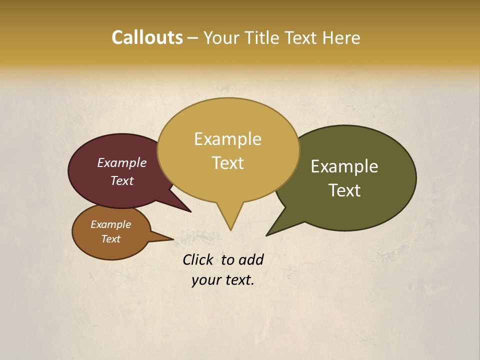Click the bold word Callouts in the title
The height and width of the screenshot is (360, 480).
147,38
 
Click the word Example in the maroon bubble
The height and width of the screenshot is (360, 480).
122,163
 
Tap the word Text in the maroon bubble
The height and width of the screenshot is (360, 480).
122,181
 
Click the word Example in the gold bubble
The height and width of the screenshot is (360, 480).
228,139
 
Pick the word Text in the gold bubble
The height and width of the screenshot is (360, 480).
228,163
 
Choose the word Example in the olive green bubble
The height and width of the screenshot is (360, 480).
344,166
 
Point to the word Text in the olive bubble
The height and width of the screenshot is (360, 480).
344,190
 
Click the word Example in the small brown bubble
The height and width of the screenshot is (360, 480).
110,224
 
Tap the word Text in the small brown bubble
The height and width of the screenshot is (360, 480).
110,239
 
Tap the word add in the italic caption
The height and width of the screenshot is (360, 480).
250,260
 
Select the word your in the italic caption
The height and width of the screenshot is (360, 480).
205,280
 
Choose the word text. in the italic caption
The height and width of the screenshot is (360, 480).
238,280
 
